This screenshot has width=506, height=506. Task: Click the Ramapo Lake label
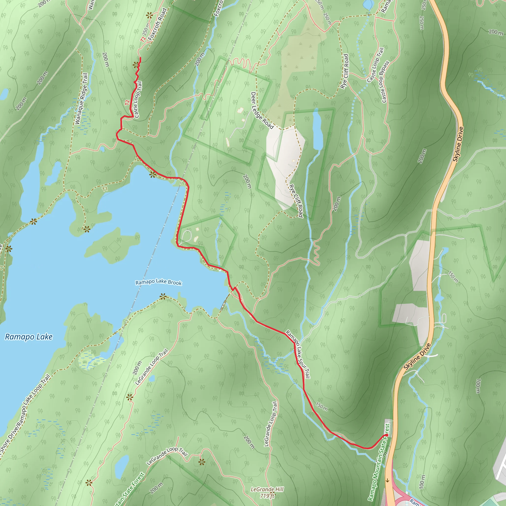tap(29, 337)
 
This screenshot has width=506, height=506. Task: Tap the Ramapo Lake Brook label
tap(158, 282)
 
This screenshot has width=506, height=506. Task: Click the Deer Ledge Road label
tap(262, 110)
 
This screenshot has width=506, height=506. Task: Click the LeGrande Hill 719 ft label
tap(267, 492)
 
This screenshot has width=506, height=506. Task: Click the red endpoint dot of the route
tap(387, 435)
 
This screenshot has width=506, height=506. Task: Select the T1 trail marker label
tap(105, 189)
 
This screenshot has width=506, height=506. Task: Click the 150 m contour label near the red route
tap(321, 407)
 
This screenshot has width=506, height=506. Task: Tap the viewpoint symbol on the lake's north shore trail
tap(153, 174)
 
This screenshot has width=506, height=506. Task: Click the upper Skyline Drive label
tap(458, 144)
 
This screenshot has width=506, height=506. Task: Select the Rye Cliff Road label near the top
tap(345, 71)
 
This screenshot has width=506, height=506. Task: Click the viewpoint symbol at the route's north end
tap(136, 65)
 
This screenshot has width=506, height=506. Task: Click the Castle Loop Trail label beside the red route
tap(138, 100)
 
